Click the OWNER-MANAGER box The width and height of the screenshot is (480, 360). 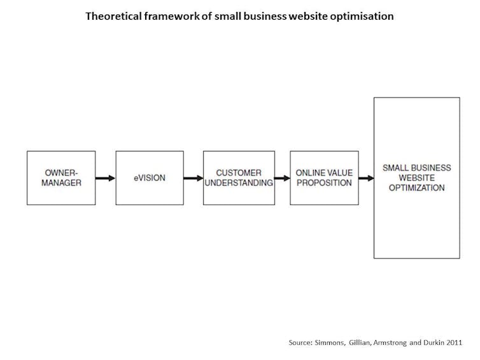(x=61, y=177)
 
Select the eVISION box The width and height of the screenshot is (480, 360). (x=150, y=177)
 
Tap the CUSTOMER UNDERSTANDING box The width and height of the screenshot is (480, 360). (x=239, y=177)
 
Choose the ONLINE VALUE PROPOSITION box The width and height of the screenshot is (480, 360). (x=325, y=177)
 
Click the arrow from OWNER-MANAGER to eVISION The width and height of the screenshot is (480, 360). (x=105, y=178)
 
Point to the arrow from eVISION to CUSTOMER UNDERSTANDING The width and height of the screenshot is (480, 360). (x=194, y=178)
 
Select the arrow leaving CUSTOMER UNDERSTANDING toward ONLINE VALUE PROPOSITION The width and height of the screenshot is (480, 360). (x=282, y=178)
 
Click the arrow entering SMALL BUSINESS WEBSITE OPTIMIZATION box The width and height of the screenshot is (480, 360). (x=366, y=178)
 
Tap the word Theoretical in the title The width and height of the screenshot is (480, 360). (x=113, y=16)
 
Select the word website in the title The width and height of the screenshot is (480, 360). (x=308, y=16)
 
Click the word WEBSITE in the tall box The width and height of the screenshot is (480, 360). (x=416, y=177)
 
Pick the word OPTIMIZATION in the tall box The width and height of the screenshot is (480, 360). (x=416, y=188)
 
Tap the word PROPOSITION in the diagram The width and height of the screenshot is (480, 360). (x=325, y=183)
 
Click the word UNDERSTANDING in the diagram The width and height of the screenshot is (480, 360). (x=239, y=183)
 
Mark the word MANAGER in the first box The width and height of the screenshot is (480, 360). (x=62, y=183)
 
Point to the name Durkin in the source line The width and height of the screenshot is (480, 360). (x=434, y=343)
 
